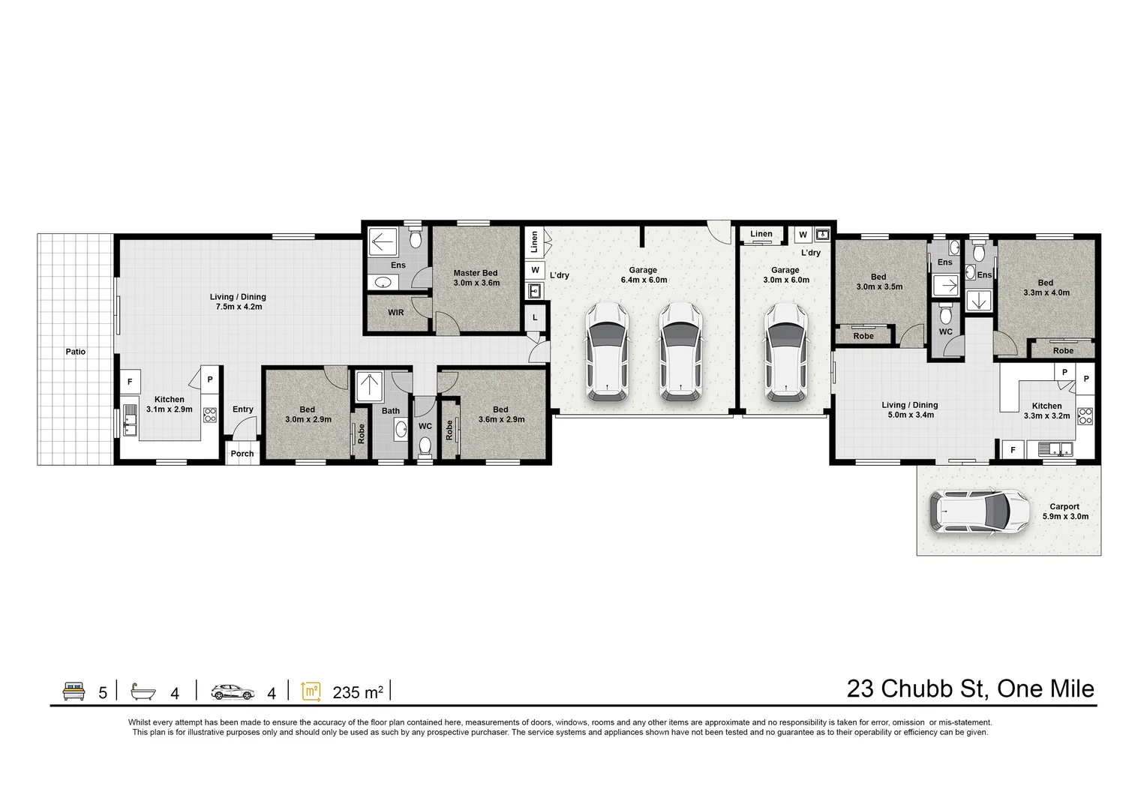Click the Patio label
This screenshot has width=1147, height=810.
pyautogui.click(x=75, y=351)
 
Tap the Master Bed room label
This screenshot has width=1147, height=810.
pyautogui.click(x=476, y=278)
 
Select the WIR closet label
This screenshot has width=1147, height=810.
pyautogui.click(x=396, y=312)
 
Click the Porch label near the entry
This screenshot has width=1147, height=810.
pyautogui.click(x=242, y=453)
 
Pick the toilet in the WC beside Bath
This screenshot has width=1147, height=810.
pyautogui.click(x=425, y=447)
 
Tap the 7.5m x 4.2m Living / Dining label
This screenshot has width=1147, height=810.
pyautogui.click(x=238, y=301)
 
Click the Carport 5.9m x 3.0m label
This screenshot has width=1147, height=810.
pyautogui.click(x=1064, y=511)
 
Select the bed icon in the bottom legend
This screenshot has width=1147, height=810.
pyautogui.click(x=73, y=691)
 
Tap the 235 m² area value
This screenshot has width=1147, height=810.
pyautogui.click(x=358, y=692)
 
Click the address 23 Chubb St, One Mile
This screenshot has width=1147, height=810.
pyautogui.click(x=970, y=688)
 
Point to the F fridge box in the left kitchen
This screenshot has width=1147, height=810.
pyautogui.click(x=130, y=382)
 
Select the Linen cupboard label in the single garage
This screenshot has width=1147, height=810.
pyautogui.click(x=761, y=234)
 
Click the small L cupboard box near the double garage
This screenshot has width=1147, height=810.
pyautogui.click(x=535, y=317)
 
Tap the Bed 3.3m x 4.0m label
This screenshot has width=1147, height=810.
pyautogui.click(x=1045, y=288)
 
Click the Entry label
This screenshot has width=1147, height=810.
pyautogui.click(x=243, y=409)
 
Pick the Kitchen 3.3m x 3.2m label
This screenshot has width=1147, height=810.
pyautogui.click(x=1046, y=410)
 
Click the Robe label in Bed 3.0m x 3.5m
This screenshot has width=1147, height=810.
pyautogui.click(x=863, y=336)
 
